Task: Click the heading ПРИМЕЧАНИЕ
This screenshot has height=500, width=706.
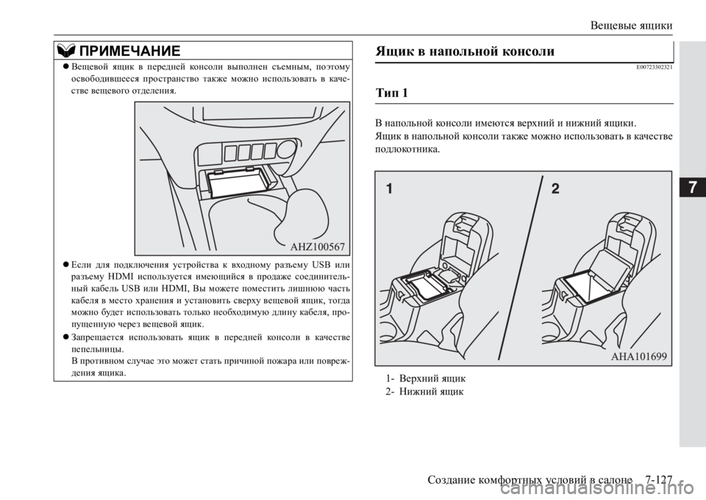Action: coord(129,50)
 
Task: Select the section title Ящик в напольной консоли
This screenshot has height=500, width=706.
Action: coord(465,52)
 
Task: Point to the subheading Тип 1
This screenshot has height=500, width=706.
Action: coord(392,94)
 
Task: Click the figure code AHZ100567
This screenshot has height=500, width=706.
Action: coord(318,246)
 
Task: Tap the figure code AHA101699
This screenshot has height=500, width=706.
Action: coord(639,356)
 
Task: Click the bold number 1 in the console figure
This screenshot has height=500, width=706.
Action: coord(389,188)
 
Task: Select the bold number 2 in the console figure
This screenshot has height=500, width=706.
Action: coord(555,188)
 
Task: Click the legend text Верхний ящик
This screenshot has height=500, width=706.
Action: coord(432,378)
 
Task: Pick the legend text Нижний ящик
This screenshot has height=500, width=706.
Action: coord(431,391)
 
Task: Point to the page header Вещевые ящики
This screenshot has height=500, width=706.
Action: coord(631,25)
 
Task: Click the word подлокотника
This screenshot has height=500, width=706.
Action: coord(407,149)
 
